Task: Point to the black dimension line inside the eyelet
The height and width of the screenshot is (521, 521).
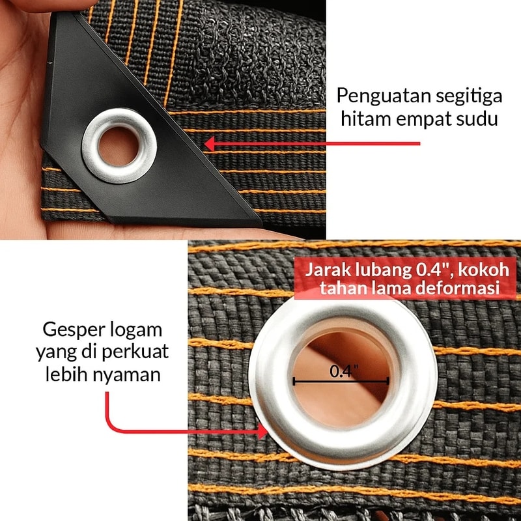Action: click(x=341, y=382)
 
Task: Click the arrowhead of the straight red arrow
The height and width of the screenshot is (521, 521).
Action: click(x=210, y=144)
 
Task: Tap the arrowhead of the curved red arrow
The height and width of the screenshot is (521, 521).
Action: click(x=263, y=432)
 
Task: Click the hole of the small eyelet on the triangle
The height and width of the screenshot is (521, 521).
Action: click(x=119, y=147)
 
